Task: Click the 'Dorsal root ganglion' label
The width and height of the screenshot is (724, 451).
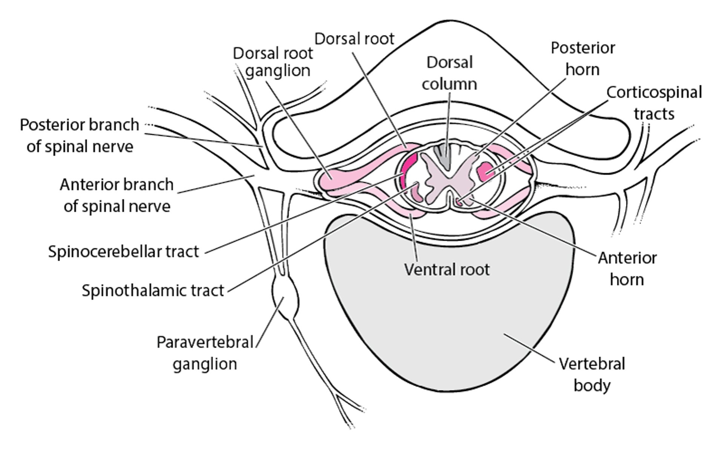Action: [273, 62]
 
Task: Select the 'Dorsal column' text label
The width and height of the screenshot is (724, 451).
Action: [449, 73]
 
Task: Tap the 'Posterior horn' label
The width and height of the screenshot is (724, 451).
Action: [583, 58]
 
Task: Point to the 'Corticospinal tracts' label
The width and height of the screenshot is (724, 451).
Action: [654, 103]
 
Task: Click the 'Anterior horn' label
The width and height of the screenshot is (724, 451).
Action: [627, 269]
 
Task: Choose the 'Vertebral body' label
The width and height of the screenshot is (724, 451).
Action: [592, 374]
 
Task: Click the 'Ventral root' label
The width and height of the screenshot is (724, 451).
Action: [447, 269]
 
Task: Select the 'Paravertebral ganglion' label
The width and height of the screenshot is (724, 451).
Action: [205, 353]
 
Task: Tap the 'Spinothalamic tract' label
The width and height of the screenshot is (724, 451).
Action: [153, 291]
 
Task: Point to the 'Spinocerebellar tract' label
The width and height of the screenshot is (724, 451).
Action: [123, 251]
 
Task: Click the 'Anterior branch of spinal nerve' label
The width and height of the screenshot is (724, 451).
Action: [117, 195]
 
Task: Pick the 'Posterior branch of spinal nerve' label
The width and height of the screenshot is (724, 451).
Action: [80, 135]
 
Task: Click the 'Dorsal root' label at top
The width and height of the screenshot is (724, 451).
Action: [354, 38]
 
